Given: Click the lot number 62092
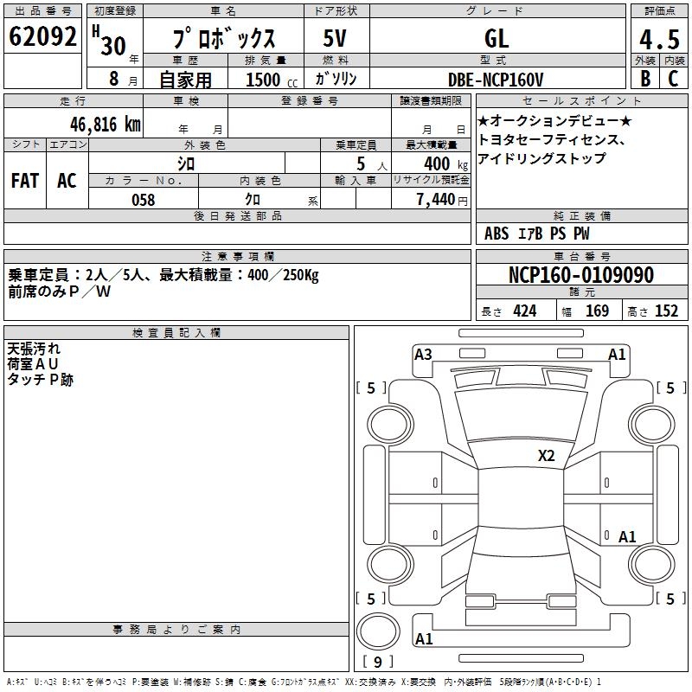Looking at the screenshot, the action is click(x=42, y=38).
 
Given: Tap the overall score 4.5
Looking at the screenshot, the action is click(x=657, y=39).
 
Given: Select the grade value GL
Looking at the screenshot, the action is click(x=497, y=39).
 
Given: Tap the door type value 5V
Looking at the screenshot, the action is click(x=336, y=39).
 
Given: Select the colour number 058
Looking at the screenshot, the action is click(x=143, y=200).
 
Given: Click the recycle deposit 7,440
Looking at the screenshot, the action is click(x=439, y=200).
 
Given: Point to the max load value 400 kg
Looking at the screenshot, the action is click(x=438, y=163).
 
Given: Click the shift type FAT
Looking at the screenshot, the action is click(x=25, y=181).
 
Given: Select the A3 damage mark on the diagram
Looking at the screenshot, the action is click(x=423, y=354).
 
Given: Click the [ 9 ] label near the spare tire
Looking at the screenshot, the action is click(x=378, y=662).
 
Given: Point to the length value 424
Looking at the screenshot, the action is click(x=524, y=311).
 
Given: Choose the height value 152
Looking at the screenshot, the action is click(x=666, y=311).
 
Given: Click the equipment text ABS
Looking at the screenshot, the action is click(x=497, y=234).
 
